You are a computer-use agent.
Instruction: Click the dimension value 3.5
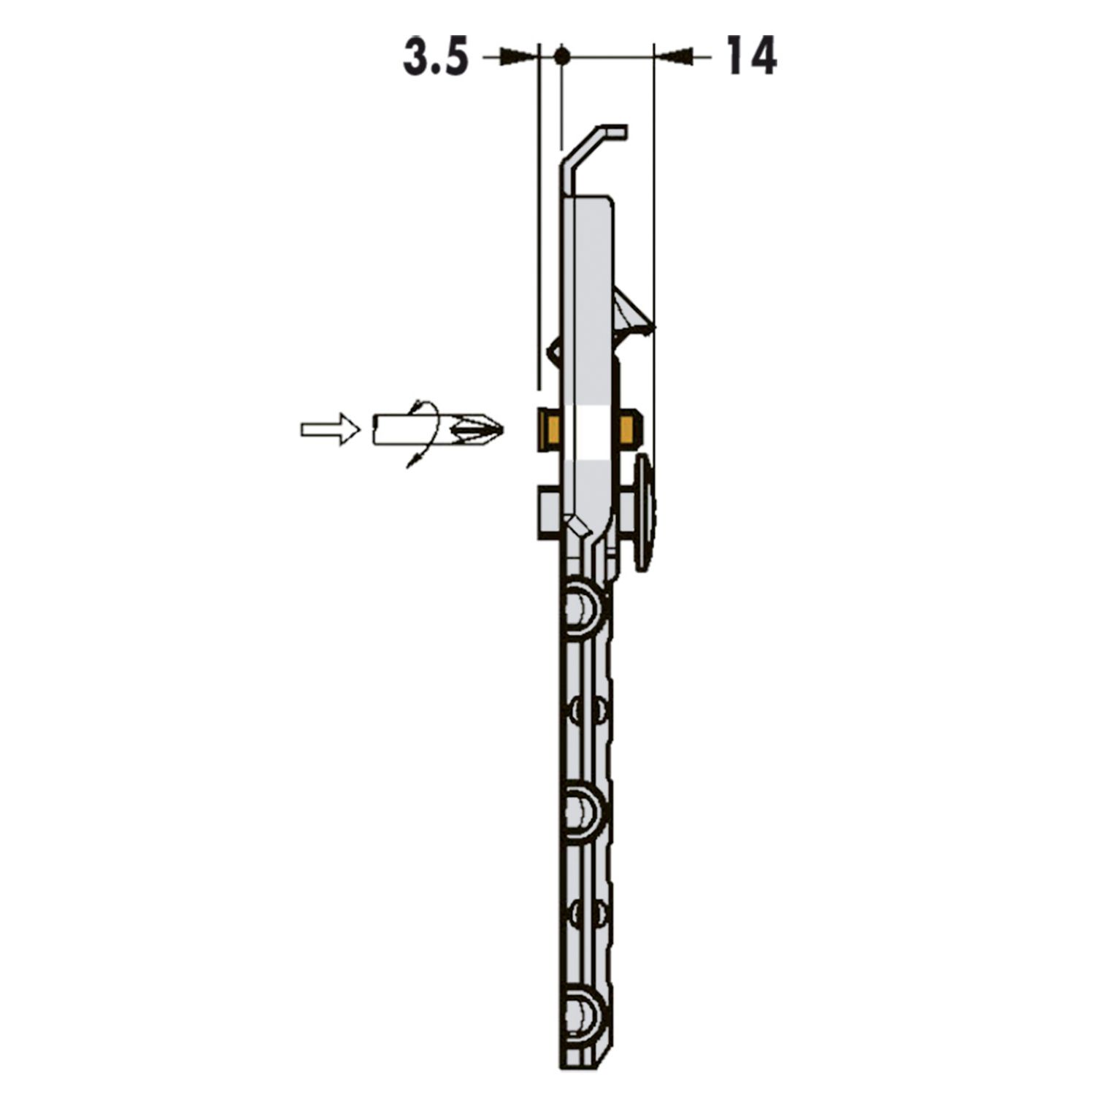pyautogui.click(x=436, y=58)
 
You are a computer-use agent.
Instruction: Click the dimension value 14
pyautogui.click(x=751, y=57)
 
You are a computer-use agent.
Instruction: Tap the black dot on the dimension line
pyautogui.click(x=561, y=55)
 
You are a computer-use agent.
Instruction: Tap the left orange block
pyautogui.click(x=548, y=429)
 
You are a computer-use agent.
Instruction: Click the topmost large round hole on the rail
pyautogui.click(x=584, y=605)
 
